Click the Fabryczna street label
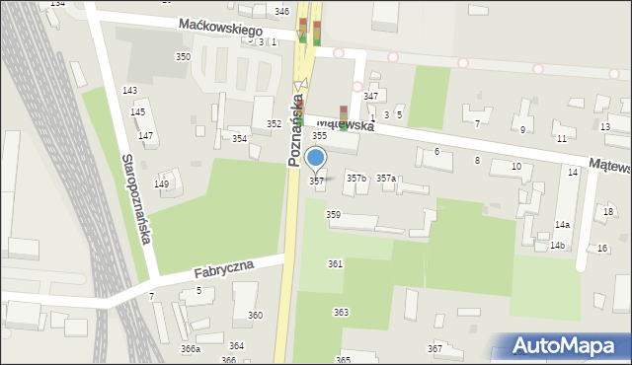224,267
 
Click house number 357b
356,178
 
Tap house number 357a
386,178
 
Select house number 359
334,214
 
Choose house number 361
336,263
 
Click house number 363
341,312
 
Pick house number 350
183,57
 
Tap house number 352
274,123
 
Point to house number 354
239,138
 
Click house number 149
162,183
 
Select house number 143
129,90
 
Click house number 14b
558,245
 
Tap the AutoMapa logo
563,346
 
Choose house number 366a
190,348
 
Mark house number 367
434,349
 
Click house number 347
370,96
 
